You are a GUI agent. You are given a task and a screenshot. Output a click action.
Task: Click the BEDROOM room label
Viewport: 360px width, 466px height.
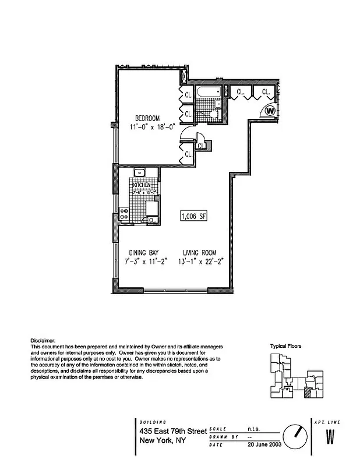tap(144, 118)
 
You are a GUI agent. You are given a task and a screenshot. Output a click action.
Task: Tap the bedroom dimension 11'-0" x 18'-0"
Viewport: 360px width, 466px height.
tap(144, 126)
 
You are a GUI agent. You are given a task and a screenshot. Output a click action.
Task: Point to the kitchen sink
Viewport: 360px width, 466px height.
tap(139, 172)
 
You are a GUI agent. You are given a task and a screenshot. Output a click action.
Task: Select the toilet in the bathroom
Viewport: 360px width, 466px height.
tap(213, 114)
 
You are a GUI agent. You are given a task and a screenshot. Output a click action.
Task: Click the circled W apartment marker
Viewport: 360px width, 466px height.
tap(270, 110)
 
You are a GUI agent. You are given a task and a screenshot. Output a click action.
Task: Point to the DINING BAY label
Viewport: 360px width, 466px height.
tap(143, 253)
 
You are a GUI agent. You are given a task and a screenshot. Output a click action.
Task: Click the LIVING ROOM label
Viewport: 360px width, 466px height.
tap(199, 253)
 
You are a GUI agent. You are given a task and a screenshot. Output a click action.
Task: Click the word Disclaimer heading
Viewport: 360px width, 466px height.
tap(43, 340)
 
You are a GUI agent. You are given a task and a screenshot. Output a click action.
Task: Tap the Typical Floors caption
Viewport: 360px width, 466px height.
tap(285, 346)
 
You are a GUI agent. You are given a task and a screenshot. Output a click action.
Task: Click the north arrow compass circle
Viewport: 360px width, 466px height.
tap(295, 435)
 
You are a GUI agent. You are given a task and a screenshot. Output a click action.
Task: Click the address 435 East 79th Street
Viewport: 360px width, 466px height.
tap(173, 431)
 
